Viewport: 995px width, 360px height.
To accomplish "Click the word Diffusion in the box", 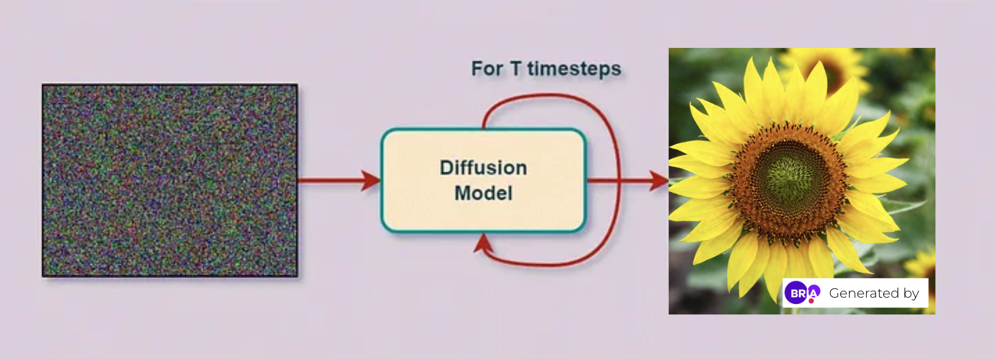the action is (483, 168).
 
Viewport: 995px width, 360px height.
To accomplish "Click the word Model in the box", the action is (483, 193).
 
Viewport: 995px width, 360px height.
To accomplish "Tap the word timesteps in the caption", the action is (574, 69).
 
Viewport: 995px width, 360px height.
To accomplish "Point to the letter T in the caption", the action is (515, 69).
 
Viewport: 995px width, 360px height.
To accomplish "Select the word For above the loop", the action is (487, 69).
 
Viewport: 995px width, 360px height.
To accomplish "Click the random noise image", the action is (170, 181).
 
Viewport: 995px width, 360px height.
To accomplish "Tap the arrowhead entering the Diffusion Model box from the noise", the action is (371, 181).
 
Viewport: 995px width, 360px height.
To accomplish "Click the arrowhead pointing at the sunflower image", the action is (659, 181).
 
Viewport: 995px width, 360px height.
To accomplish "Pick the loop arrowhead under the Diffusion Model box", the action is (483, 243).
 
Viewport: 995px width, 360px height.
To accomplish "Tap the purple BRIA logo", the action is (802, 293).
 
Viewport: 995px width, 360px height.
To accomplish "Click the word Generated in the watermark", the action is (863, 293).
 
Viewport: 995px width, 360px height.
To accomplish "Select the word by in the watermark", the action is (911, 294).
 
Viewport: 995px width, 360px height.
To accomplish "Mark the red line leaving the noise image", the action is (330, 181).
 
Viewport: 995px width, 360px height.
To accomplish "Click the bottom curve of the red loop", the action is (548, 264).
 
